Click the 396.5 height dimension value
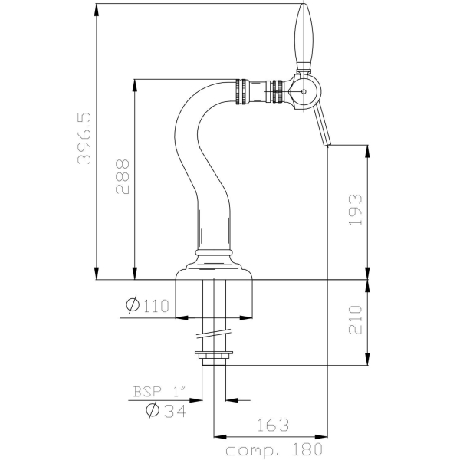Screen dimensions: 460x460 pos(84,140)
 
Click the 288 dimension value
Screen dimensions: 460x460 pos(123,178)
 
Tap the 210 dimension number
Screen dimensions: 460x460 pos(353,319)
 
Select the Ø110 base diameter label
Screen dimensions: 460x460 pos(146,306)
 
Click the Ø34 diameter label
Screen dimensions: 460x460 pos(166,410)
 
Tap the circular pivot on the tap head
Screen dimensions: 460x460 pos(304,91)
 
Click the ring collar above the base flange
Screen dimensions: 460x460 pos(214,251)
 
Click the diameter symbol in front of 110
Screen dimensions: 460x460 pos(130,306)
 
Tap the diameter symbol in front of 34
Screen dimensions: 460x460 pos(152,410)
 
